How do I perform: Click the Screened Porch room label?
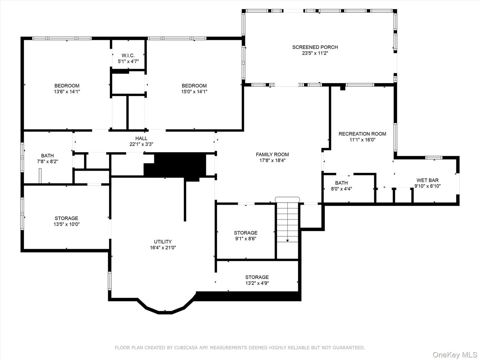315,47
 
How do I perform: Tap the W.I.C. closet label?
128,56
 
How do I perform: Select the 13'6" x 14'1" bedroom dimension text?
67,92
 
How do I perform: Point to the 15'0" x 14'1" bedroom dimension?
194,92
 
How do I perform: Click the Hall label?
141,138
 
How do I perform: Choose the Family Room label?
272,154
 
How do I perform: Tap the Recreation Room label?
362,134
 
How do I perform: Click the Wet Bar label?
427,180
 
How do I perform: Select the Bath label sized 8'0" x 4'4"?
341,183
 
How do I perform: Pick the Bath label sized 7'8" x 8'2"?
47,156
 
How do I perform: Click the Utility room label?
163,242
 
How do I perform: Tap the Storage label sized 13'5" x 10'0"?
67,218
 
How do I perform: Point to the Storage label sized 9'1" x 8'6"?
246,233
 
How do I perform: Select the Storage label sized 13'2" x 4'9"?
257,277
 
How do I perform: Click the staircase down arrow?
287,240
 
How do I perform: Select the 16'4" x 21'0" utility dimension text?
163,248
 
